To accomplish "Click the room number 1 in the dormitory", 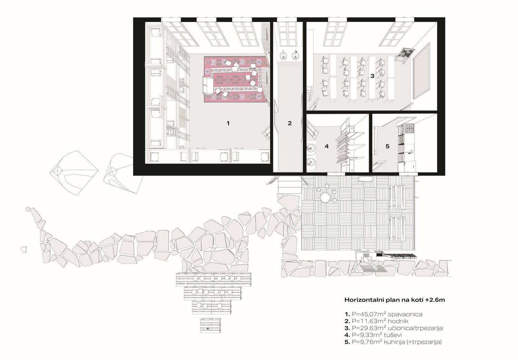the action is pos(228,123).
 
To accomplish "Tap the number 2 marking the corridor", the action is pos(290,123).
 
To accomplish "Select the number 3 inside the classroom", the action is pos(372,76).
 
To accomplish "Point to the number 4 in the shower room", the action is pos(327,146).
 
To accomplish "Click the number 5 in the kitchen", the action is pos(387,146).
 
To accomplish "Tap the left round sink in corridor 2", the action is pos(283,56).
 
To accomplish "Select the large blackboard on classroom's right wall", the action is pos(421,71).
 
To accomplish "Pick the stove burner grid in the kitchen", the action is pos(409,129).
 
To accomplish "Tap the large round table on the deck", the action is pos(325,197).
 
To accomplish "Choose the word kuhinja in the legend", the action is pos(394,342).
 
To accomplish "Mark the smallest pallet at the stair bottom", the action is pos(210,325).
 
